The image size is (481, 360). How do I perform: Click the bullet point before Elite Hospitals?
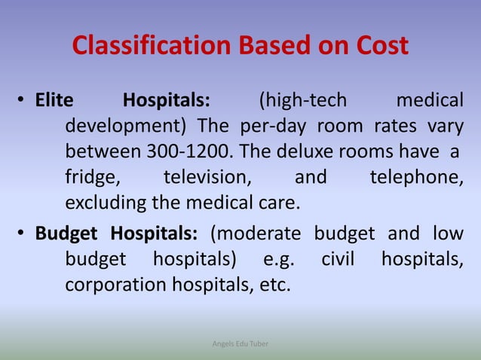pos(24,101)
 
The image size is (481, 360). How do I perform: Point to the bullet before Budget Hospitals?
pos(24,231)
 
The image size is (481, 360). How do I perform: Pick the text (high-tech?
pos(302,100)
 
